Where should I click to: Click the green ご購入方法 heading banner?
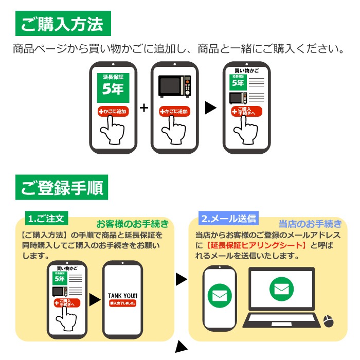[62, 24]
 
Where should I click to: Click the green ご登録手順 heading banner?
[62, 188]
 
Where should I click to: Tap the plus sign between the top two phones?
[144, 108]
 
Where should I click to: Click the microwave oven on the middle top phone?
[174, 86]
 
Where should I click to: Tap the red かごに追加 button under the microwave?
[174, 111]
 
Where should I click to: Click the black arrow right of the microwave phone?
[210, 107]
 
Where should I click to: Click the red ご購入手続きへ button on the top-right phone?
[246, 111]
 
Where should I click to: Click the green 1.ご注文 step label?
[46, 218]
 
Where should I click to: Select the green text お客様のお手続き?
[132, 224]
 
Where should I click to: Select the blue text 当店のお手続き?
[310, 224]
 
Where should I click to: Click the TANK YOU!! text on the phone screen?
[122, 296]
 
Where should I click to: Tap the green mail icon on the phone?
[220, 296]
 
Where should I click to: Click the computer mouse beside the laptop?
[328, 321]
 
